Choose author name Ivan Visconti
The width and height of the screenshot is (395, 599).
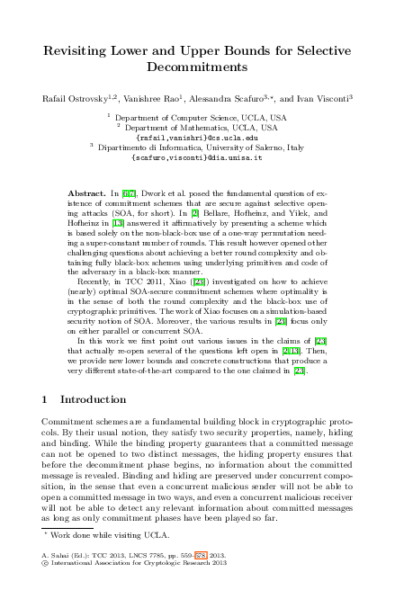click(320, 97)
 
